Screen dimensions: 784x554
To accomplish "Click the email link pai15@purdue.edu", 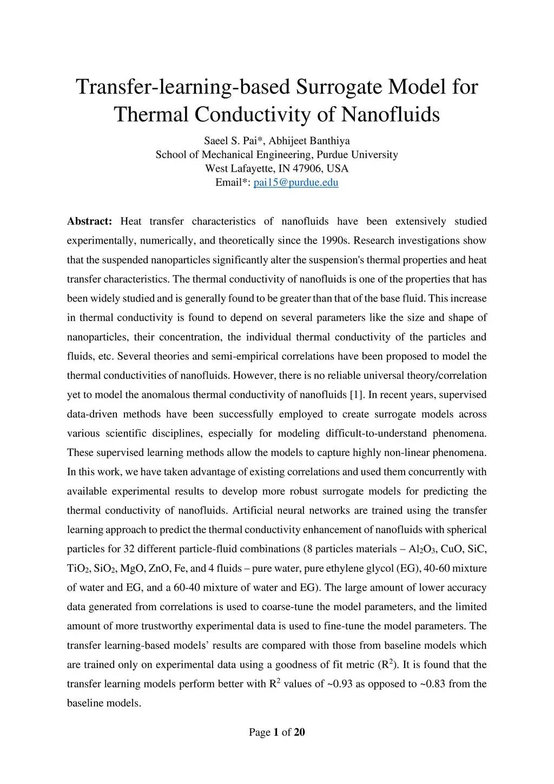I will [296, 182].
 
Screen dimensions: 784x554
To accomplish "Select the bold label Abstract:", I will [89, 221].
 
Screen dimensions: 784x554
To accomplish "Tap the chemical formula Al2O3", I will [421, 549].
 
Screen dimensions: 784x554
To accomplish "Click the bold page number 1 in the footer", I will [276, 733].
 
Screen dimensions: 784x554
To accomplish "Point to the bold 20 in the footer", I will [299, 733].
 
